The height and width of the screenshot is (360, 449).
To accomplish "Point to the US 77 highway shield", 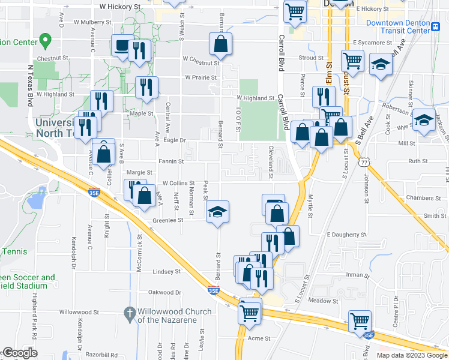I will (364, 161).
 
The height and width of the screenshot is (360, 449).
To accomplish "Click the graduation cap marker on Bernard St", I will (217, 212).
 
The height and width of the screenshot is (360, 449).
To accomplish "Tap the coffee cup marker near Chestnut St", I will (122, 46).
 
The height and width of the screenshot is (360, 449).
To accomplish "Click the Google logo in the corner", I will (20, 353).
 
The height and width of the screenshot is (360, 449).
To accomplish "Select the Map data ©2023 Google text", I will (412, 355).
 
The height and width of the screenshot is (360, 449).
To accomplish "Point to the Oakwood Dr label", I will (164, 292).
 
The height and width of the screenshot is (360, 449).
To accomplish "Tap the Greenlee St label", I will (167, 220).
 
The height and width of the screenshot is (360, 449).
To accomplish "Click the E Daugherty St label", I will (346, 235).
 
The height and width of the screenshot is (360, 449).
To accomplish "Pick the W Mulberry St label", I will (92, 22).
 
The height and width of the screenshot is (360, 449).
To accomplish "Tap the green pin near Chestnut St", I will (44, 41).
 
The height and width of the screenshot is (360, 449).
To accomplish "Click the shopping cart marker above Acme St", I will (250, 311).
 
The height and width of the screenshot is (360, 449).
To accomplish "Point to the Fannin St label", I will (171, 161).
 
